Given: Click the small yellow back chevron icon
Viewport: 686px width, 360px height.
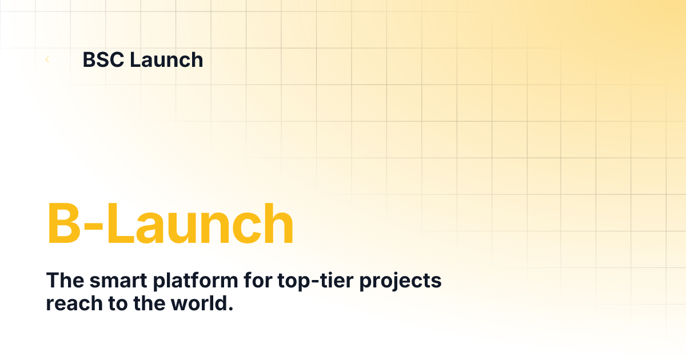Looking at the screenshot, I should coord(47,59).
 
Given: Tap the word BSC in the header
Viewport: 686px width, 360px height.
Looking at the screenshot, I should coord(103,59).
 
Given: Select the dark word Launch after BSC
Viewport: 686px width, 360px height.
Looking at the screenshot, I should coord(166,59).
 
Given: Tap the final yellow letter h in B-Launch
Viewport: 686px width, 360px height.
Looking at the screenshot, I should coord(278,224).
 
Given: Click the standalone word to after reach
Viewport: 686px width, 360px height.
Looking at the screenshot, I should coord(107,303).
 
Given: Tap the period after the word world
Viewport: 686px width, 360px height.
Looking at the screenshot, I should coord(230,309).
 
